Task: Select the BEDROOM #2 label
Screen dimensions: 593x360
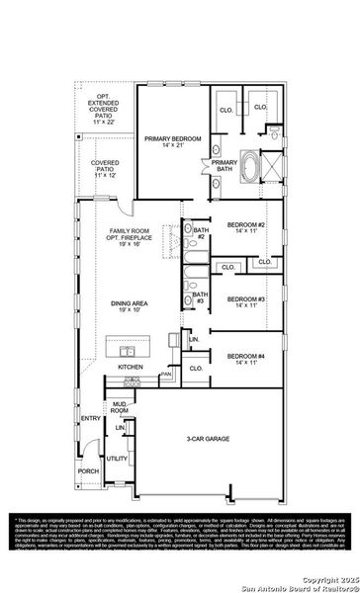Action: point(246,228)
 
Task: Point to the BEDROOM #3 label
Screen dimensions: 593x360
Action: point(246,301)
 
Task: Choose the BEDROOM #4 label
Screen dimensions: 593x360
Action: point(246,359)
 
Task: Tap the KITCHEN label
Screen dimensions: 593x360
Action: point(131,367)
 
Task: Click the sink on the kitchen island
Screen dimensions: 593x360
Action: point(128,350)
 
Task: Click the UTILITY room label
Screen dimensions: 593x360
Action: point(117,459)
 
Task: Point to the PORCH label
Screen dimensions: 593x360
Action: point(88,471)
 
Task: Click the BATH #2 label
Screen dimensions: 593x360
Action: point(200,234)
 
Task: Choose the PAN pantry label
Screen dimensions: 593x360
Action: point(167,375)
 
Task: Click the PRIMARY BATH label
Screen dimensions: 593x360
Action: point(224,165)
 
